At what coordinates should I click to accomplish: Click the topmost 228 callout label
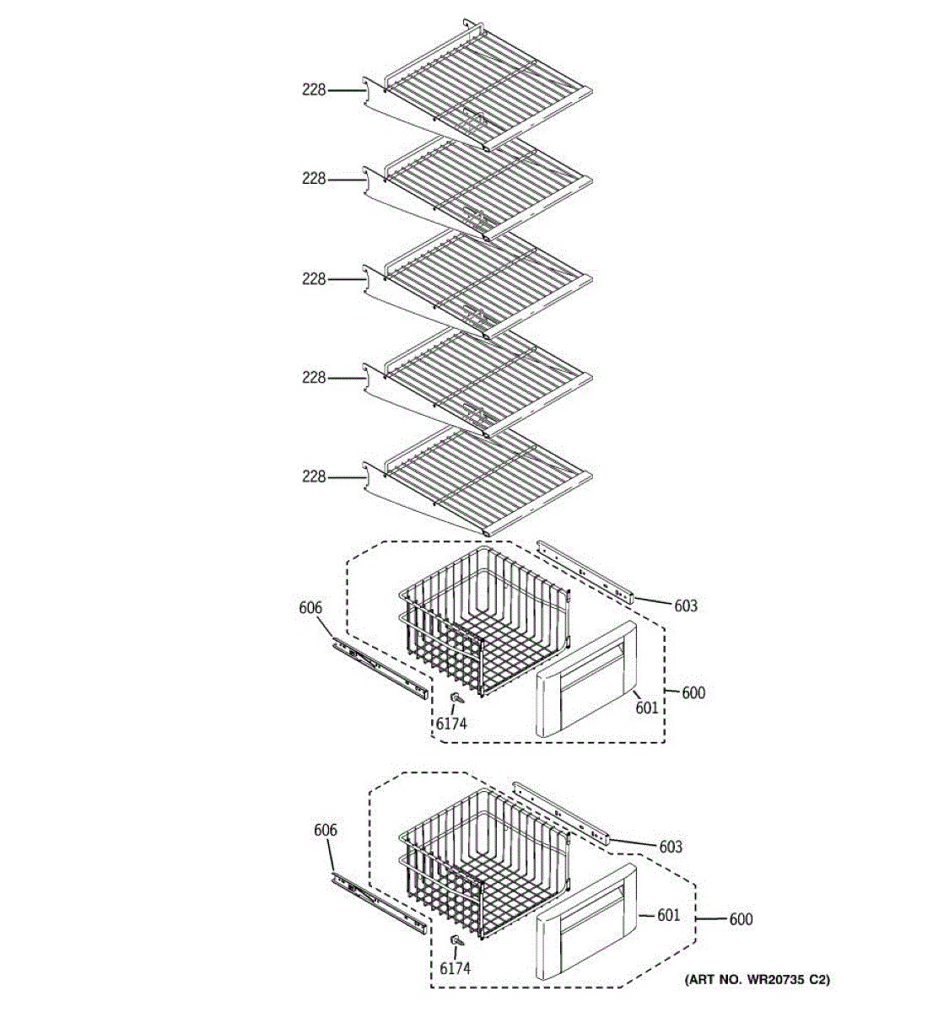tap(314, 89)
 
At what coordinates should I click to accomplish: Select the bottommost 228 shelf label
tap(314, 477)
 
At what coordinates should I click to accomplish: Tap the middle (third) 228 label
tap(314, 279)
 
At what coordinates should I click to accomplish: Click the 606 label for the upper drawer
tap(310, 608)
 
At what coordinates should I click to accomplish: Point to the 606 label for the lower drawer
tap(325, 831)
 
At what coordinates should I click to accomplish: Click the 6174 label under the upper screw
tap(451, 723)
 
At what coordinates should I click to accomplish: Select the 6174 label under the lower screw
tap(456, 969)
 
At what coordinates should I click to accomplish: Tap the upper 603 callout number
tap(686, 606)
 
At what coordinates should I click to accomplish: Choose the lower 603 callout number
tap(671, 847)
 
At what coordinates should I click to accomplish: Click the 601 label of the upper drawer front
tap(647, 708)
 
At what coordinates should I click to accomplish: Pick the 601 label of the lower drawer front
tap(668, 915)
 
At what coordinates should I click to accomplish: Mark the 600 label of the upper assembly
tap(693, 693)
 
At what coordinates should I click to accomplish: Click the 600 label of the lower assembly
tap(741, 919)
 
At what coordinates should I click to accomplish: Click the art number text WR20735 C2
tap(756, 980)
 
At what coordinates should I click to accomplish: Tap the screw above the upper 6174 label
tap(456, 698)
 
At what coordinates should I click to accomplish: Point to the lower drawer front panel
tap(586, 923)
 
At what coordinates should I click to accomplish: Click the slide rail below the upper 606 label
tap(380, 668)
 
